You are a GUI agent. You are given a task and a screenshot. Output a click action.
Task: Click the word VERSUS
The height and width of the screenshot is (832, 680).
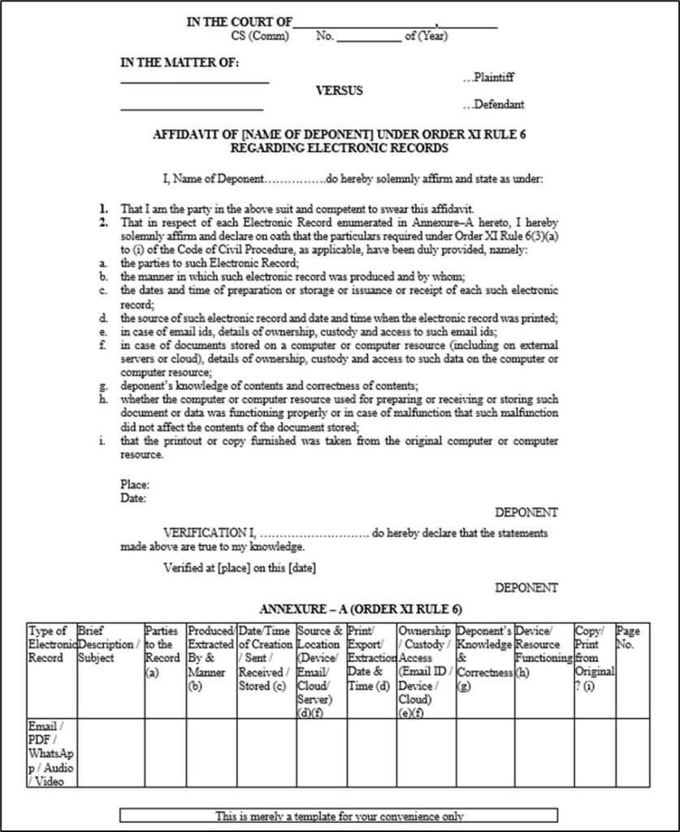click(339, 91)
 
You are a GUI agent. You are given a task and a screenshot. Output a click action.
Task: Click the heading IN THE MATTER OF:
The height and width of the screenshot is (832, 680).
click(180, 63)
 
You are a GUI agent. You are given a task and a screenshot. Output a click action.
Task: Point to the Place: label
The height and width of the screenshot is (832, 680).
click(135, 485)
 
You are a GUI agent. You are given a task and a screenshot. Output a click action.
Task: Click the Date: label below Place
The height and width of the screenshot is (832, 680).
click(133, 498)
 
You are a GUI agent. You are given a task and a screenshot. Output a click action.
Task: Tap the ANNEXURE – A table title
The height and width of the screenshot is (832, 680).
click(361, 609)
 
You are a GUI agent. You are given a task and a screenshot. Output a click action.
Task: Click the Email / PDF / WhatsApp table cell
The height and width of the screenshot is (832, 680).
click(50, 752)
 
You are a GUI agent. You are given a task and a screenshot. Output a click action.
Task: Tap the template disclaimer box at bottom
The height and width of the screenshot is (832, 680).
click(339, 816)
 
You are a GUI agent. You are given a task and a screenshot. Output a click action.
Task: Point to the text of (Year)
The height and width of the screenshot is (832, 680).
click(426, 36)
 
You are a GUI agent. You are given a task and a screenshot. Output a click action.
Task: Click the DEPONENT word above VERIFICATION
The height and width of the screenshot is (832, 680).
click(526, 513)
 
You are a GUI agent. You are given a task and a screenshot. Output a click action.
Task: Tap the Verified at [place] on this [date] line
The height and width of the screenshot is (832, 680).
click(240, 567)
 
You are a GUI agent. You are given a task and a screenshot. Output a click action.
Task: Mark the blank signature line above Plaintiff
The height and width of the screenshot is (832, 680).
click(195, 82)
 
